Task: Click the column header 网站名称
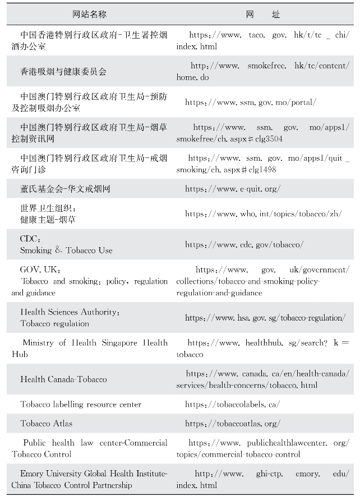pyautogui.click(x=89, y=14)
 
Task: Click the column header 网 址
pyautogui.click(x=263, y=14)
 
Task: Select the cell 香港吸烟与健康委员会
pyautogui.click(x=63, y=71)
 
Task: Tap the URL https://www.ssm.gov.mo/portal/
pyautogui.click(x=251, y=102)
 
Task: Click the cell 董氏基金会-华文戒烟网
pyautogui.click(x=65, y=189)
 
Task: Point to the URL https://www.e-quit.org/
pyautogui.click(x=233, y=189)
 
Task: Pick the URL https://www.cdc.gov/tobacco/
pyautogui.click(x=244, y=244)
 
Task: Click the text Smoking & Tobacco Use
pyautogui.click(x=66, y=250)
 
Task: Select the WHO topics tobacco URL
pyautogui.click(x=263, y=214)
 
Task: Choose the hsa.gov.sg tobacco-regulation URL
pyautogui.click(x=265, y=318)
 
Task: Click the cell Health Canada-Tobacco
pyautogui.click(x=63, y=379)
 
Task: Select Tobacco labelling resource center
pyautogui.click(x=81, y=404)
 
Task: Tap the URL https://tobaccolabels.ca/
pyautogui.click(x=232, y=404)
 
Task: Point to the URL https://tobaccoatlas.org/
pyautogui.click(x=233, y=423)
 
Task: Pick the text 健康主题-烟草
pyautogui.click(x=48, y=220)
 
